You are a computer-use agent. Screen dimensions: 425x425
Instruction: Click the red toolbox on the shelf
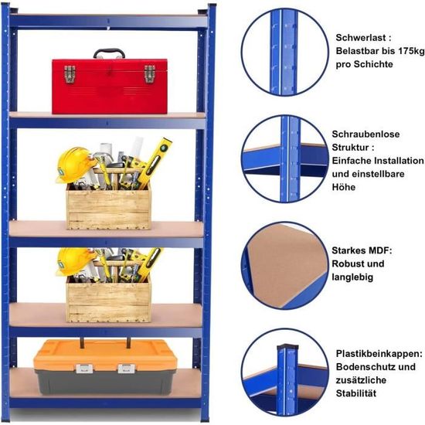coord(110,87)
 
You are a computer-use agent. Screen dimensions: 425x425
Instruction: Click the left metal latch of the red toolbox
coord(70,74)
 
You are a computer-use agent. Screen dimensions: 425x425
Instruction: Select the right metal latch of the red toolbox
coord(149,73)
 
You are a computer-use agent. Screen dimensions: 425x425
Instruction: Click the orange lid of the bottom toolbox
coord(105,355)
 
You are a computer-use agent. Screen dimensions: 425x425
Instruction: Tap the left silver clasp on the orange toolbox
coord(84,369)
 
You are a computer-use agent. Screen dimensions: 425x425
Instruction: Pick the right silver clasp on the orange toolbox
coord(127,369)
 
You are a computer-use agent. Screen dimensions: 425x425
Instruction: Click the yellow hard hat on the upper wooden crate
coord(74,164)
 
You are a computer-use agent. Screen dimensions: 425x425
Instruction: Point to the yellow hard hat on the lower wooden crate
coord(73,261)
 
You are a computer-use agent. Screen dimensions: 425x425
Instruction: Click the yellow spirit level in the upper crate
coord(155,163)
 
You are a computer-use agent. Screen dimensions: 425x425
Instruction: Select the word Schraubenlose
coord(365,134)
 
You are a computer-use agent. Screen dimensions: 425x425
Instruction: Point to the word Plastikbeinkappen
coord(379,354)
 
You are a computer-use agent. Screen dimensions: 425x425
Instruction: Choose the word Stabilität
coord(356,393)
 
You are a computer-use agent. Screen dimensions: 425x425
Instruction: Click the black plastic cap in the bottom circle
coord(287,347)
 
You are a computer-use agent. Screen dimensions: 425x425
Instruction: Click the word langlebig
coord(352,277)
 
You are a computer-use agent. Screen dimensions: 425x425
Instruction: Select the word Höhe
coord(343,187)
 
